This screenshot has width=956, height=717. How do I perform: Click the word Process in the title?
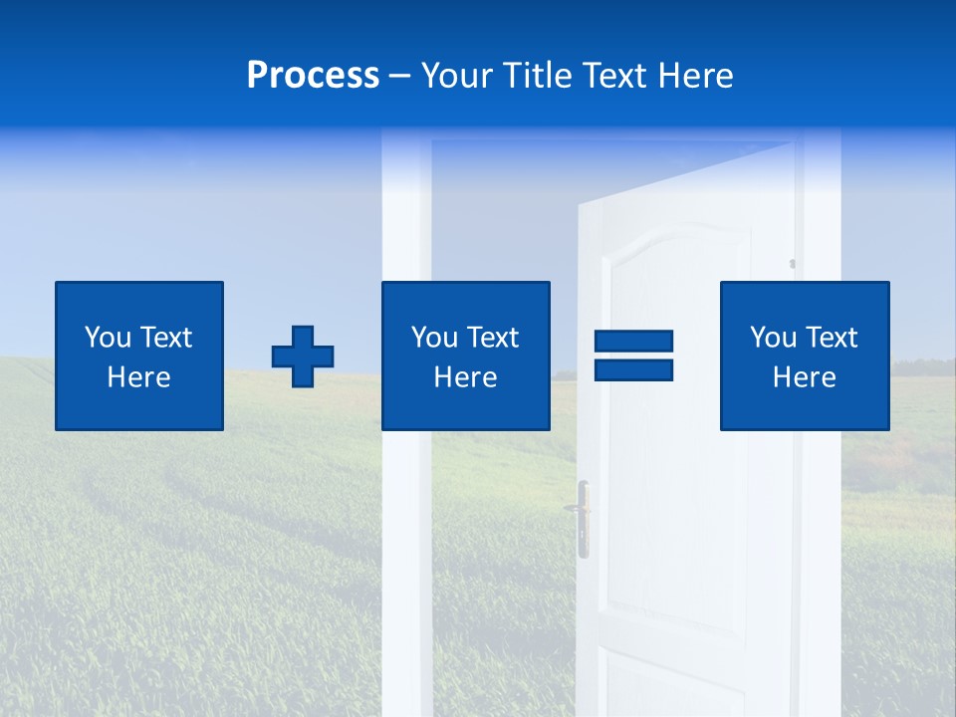click(313, 76)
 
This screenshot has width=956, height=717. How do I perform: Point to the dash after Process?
click(400, 77)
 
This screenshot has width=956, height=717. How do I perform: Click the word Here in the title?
click(693, 76)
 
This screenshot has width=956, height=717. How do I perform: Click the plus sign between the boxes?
click(303, 357)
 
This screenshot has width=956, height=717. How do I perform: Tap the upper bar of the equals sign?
click(633, 341)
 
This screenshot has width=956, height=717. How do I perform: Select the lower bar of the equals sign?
click(633, 369)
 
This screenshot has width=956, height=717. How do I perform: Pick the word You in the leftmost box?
click(108, 338)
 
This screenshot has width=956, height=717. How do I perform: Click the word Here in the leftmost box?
click(138, 377)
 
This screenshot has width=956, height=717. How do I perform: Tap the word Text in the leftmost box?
click(165, 338)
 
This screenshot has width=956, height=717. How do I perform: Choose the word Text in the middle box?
click(492, 338)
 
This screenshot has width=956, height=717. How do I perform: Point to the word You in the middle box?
click(434, 338)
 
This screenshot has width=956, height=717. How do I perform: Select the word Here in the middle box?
click(465, 377)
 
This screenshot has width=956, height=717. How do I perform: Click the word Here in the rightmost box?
click(804, 377)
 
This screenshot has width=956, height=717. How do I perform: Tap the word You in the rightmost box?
click(773, 338)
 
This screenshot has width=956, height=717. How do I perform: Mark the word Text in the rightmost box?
click(831, 338)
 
